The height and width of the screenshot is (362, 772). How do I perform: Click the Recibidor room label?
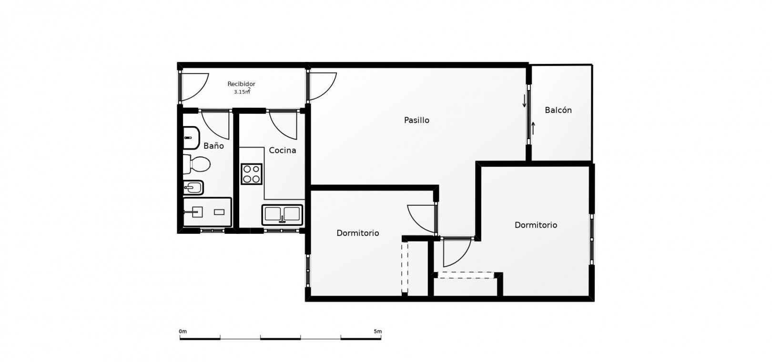(241, 84)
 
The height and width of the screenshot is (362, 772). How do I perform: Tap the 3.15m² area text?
(242, 91)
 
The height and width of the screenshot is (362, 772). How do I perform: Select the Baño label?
(213, 146)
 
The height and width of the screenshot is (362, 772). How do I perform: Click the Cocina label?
(282, 150)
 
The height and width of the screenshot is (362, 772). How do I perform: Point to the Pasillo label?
(416, 120)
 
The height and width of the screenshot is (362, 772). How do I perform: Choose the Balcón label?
(559, 110)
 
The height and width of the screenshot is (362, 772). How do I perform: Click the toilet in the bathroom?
(196, 164)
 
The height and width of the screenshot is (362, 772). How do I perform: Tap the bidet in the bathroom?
(193, 188)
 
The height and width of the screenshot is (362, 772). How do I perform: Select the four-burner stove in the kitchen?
(251, 174)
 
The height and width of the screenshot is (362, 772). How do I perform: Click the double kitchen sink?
(282, 214)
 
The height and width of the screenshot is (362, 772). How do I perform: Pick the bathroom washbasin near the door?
(191, 138)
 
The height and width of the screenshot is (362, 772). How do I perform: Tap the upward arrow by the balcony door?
(533, 128)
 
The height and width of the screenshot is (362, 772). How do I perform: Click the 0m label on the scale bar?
(183, 332)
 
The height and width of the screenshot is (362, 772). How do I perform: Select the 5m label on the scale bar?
(378, 332)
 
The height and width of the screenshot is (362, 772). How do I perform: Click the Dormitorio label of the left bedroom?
(358, 233)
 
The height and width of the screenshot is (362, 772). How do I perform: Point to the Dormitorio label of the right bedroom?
(536, 225)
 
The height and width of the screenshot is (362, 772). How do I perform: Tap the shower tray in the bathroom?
(207, 212)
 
